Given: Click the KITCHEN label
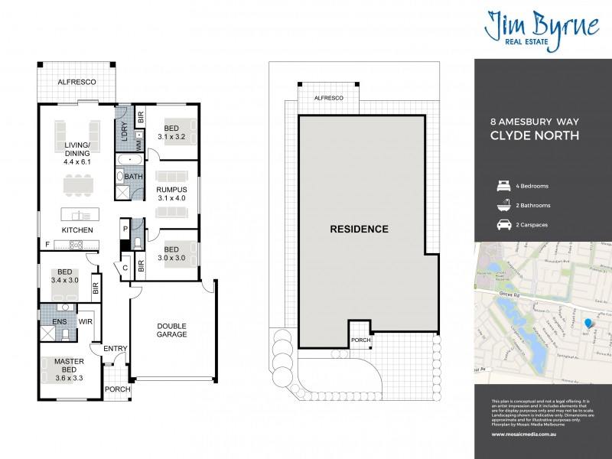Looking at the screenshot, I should (77, 229).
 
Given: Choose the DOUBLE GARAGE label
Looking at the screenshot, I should (172, 330).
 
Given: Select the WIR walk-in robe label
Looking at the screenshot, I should (86, 322).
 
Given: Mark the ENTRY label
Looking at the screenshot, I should (116, 349).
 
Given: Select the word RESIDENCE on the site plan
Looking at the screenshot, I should (359, 229).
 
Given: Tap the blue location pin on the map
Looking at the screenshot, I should (587, 324).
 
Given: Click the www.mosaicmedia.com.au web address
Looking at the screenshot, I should (526, 435).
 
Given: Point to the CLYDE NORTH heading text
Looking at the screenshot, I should (534, 138).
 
